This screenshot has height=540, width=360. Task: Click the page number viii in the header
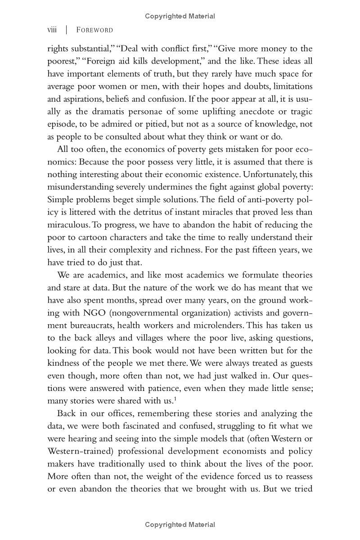52,30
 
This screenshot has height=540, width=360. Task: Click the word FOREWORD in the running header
94,30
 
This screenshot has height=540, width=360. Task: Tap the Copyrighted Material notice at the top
180,16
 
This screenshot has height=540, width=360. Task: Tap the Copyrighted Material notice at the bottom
180,525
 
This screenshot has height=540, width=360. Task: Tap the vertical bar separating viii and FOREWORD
67,30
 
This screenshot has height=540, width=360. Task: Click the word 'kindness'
67,363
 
